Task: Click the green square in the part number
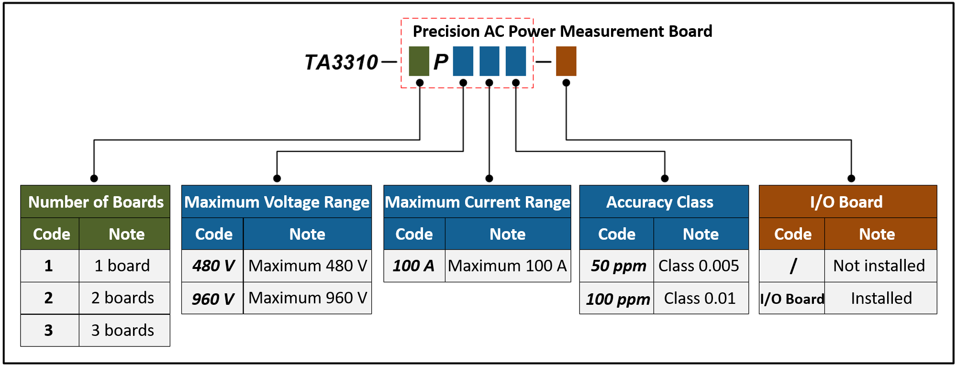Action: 419,61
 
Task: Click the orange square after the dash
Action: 566,61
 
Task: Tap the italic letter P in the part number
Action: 441,62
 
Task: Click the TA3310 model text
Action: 341,62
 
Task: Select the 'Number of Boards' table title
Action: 96,202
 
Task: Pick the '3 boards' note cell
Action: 123,330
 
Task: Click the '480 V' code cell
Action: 213,266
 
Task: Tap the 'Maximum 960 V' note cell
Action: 308,298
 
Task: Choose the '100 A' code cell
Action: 414,266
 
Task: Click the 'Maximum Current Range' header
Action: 478,202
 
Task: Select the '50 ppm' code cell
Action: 618,266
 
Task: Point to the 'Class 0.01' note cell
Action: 700,298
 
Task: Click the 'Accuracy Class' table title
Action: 660,202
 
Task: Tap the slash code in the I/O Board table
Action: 793,266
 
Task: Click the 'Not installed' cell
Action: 879,266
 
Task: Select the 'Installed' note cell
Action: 881,298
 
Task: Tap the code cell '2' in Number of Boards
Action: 49,298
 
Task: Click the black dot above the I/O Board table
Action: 851,178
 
